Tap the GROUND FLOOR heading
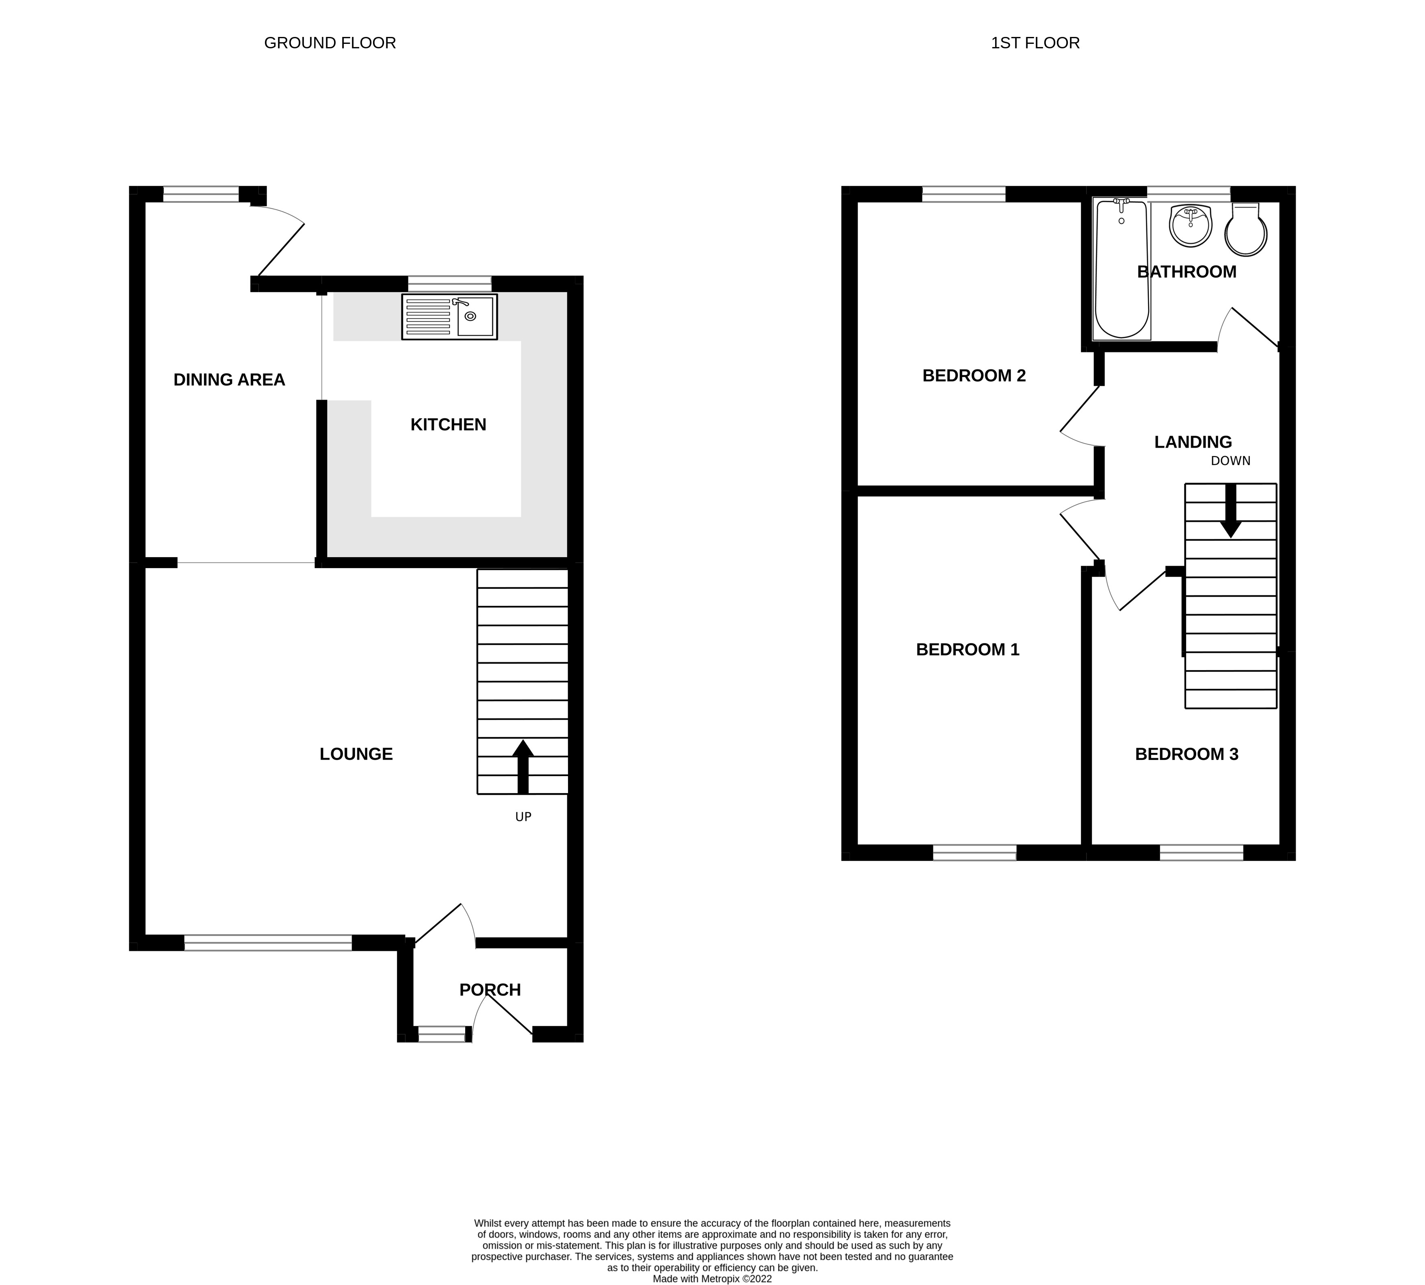pos(330,43)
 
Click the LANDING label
pos(1193,442)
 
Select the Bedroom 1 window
pos(974,852)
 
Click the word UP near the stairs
pos(523,817)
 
